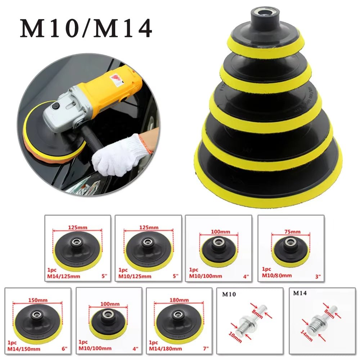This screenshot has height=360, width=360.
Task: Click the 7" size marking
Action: [206, 348]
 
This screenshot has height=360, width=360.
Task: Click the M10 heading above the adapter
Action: [229, 294]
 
